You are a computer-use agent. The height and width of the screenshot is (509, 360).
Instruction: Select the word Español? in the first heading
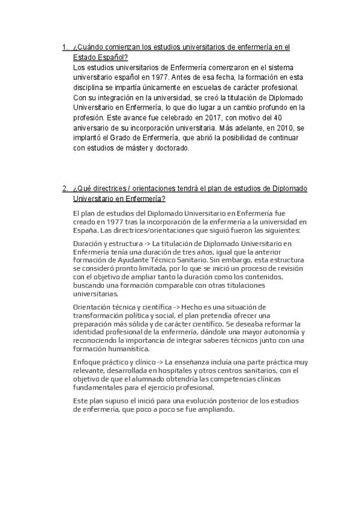(110, 58)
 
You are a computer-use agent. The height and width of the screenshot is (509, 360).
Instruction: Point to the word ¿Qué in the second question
(81, 188)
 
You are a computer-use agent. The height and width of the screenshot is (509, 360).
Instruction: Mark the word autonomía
(281, 332)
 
